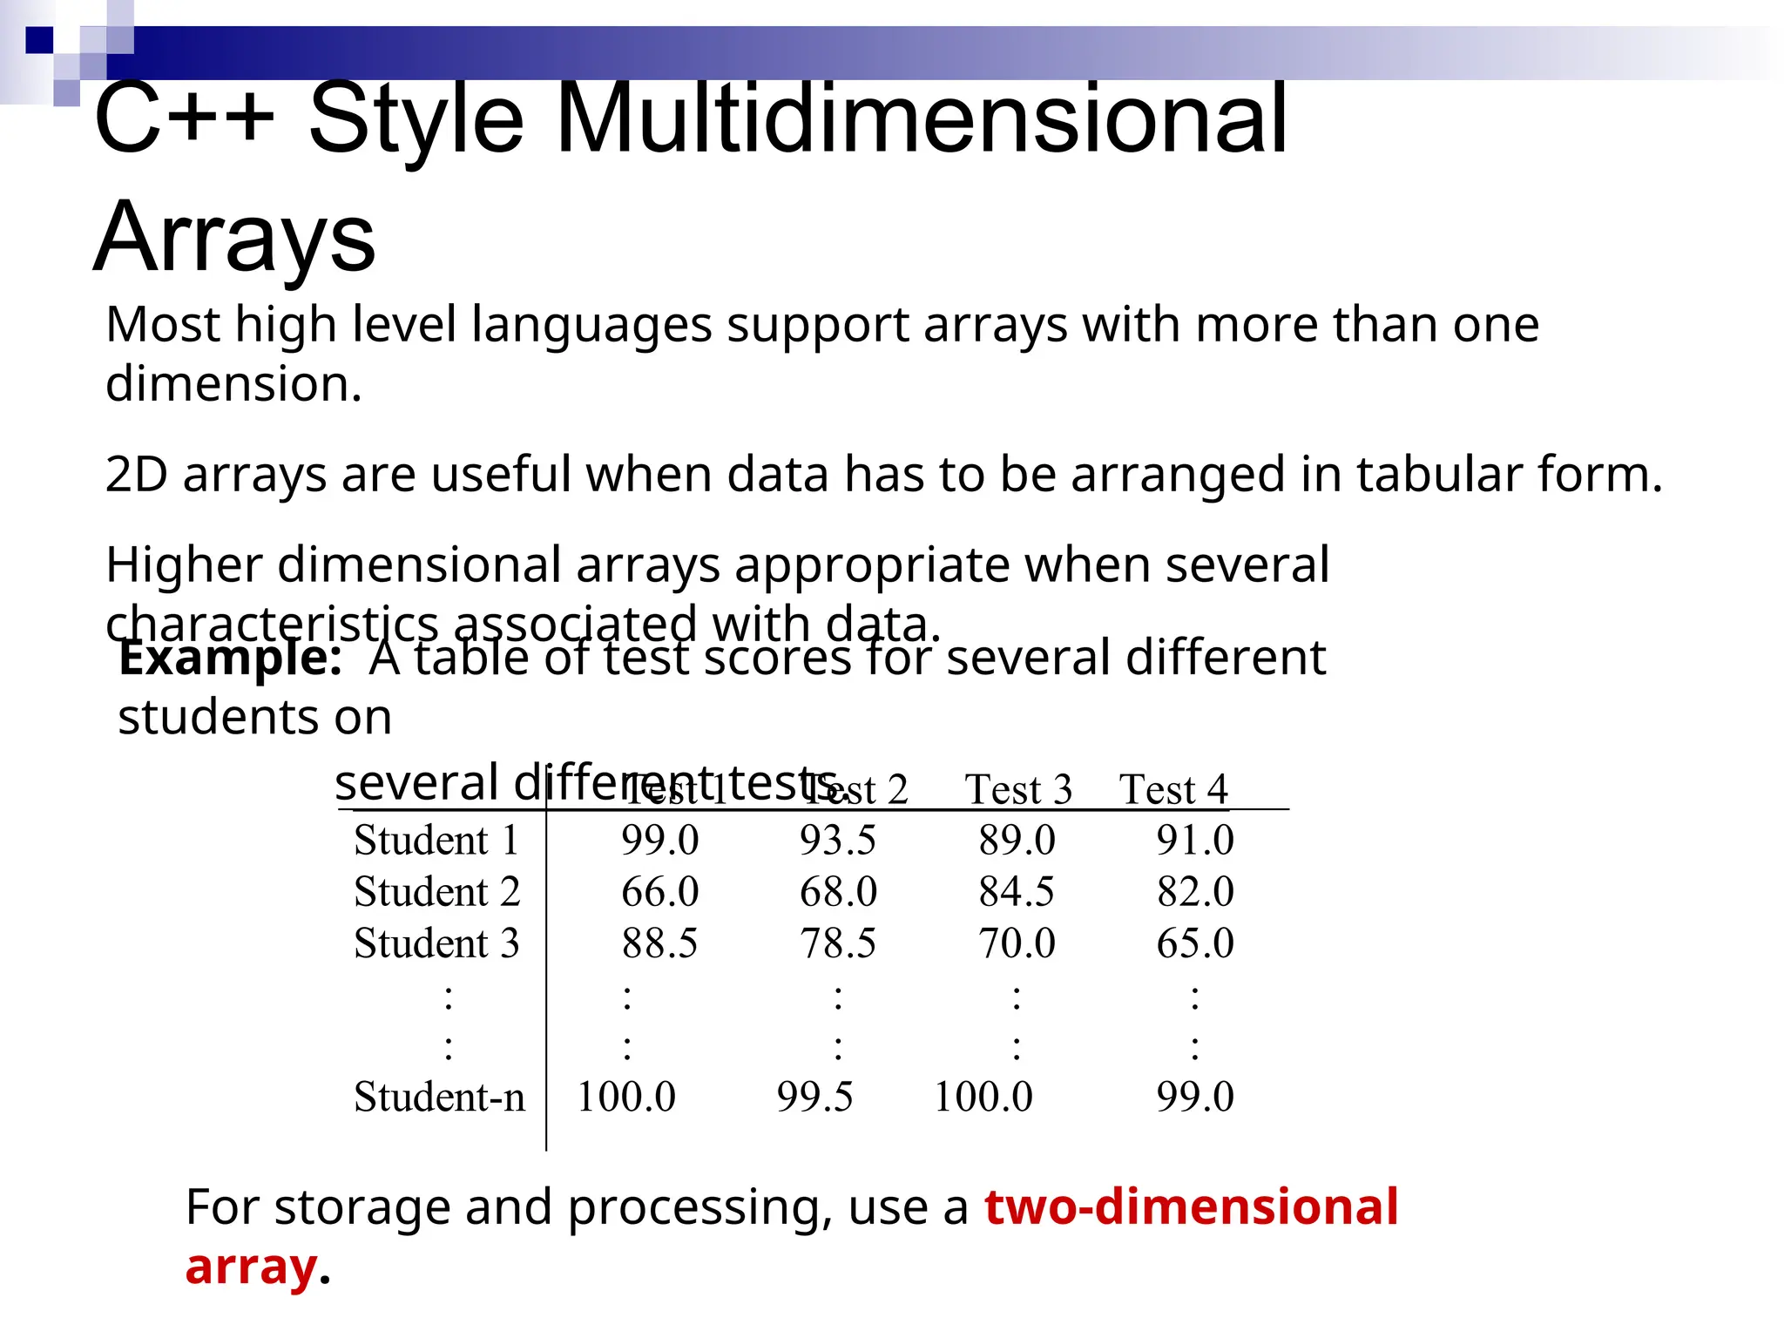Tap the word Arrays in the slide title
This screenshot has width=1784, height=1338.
click(234, 237)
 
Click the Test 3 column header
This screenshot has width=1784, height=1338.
click(1017, 790)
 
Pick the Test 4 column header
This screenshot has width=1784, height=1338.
click(1173, 790)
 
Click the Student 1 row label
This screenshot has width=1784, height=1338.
click(436, 841)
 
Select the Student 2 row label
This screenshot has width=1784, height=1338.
click(436, 892)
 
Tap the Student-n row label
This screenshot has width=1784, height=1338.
click(439, 1097)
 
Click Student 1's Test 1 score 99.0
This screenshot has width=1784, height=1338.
click(659, 841)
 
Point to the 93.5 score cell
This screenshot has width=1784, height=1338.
click(837, 841)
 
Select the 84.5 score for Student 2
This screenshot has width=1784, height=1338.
click(1016, 892)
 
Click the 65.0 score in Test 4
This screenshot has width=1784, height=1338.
click(1194, 943)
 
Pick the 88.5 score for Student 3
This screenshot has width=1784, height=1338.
click(659, 943)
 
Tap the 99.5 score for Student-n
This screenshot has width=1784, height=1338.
click(814, 1097)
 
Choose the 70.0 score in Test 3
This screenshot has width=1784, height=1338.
click(1016, 943)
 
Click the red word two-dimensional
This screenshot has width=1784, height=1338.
click(1191, 1207)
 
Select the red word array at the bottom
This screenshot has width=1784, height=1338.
click(251, 1267)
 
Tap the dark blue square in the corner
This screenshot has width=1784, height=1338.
click(39, 40)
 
